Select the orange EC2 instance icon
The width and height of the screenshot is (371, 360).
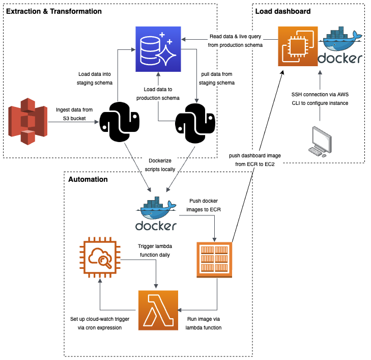(298, 47)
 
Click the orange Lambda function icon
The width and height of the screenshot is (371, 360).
(158, 310)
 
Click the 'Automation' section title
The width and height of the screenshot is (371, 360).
(88, 179)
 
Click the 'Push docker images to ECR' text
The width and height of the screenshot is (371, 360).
(204, 205)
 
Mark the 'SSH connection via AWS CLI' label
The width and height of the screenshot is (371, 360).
(320, 99)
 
